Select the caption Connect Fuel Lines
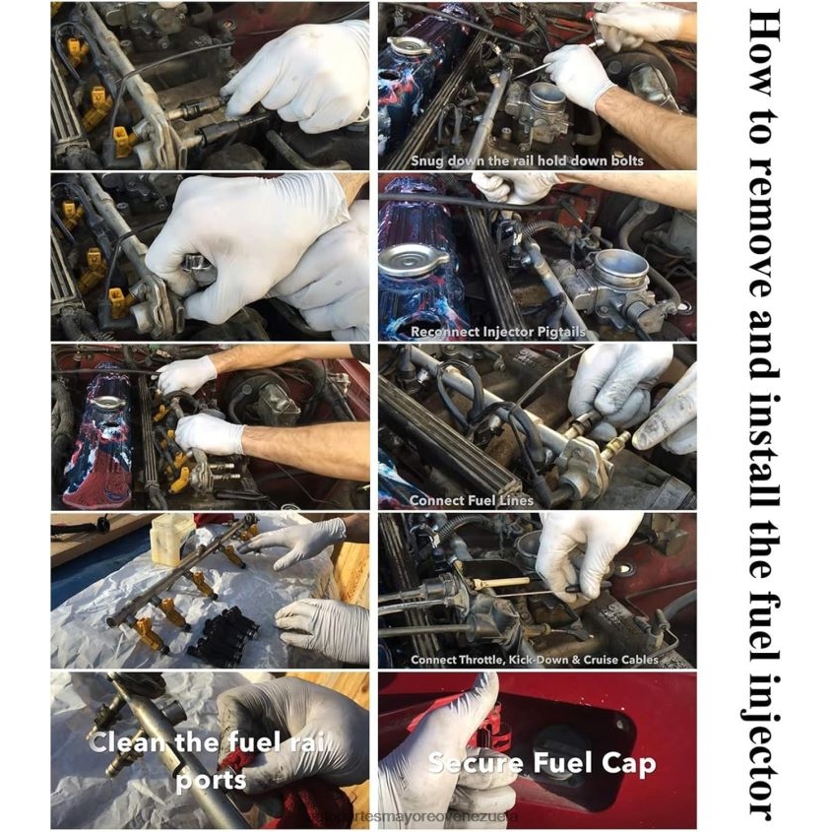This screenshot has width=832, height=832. click(x=472, y=500)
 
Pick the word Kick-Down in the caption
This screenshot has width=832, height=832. click(x=547, y=660)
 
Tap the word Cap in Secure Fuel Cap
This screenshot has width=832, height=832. click(x=628, y=763)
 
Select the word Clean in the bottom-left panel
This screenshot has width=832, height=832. click(x=125, y=742)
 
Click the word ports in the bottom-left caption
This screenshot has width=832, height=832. click(x=212, y=780)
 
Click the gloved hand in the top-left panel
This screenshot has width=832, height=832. click(x=295, y=74)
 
